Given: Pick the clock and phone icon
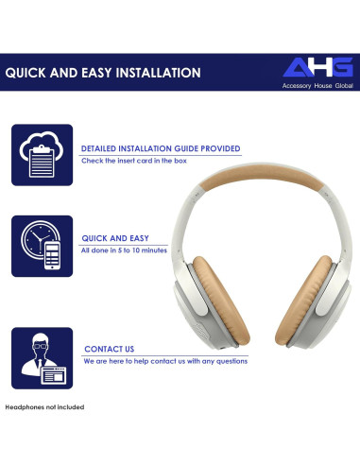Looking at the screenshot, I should (x=41, y=245).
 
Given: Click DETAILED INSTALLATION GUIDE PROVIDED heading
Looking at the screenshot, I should (x=160, y=148).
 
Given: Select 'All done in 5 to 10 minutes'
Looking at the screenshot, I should (x=124, y=250).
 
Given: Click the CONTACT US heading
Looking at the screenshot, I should (x=109, y=349).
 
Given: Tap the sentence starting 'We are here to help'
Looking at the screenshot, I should (x=165, y=361).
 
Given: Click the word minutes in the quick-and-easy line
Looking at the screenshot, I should (x=152, y=250).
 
